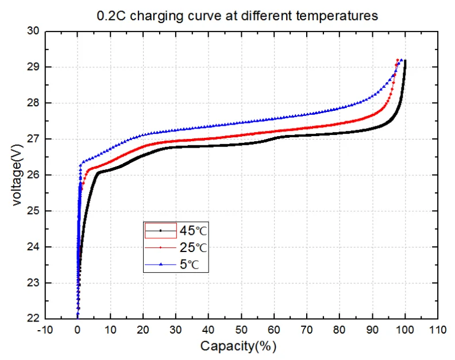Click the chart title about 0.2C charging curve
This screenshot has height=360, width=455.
237,16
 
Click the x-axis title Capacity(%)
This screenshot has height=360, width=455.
238,346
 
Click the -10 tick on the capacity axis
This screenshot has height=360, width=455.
44,331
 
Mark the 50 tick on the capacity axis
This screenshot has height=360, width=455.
241,331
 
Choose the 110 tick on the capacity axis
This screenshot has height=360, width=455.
438,331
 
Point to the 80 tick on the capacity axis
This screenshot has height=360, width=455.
340,331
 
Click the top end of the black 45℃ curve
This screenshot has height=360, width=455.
405,61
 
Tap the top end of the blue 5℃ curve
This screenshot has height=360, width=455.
401,59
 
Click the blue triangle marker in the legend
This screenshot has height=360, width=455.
161,265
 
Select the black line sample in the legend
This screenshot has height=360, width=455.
161,231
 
